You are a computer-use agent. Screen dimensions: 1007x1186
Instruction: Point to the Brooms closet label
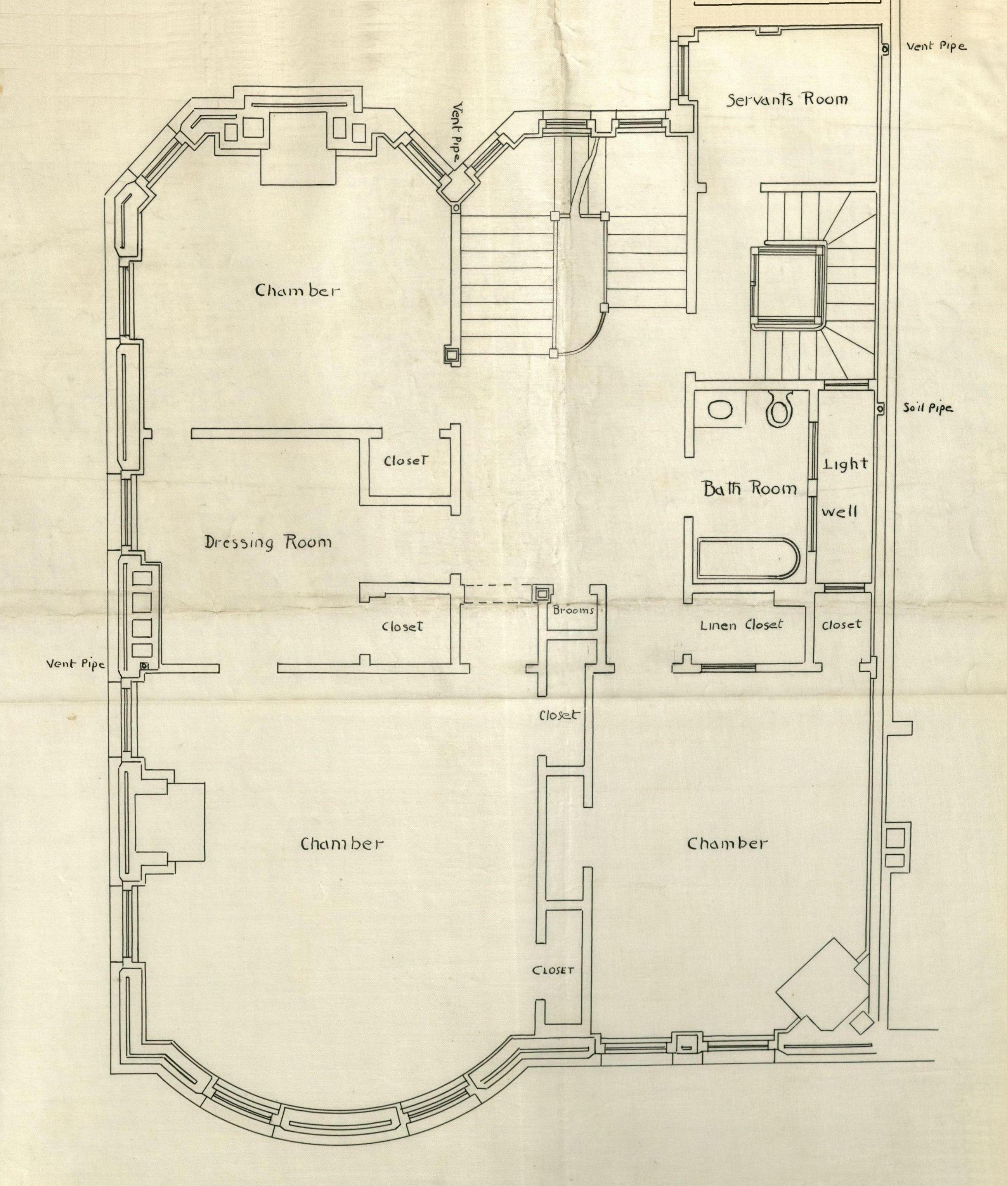(x=573, y=610)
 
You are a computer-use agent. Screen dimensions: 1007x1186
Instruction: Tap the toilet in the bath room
(x=778, y=408)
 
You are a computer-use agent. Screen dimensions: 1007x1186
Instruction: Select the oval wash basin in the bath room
(x=721, y=410)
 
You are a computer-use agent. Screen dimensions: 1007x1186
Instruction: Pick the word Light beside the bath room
(x=845, y=464)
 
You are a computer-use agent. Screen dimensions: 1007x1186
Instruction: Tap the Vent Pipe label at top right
(x=937, y=46)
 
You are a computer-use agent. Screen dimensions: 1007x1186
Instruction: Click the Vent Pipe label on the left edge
(x=75, y=664)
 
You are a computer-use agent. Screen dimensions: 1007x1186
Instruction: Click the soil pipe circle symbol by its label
(x=880, y=409)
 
